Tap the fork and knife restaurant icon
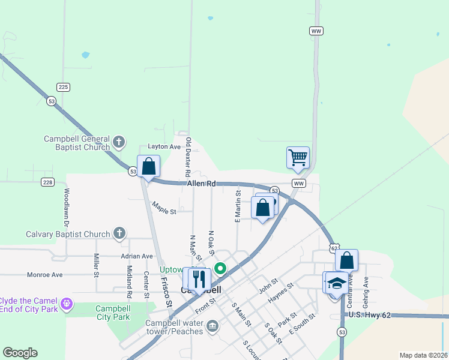click(199, 279)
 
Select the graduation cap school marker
click(337, 283)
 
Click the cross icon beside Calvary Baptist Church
click(119, 233)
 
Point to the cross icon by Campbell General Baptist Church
click(119, 142)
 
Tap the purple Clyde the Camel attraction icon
click(67, 304)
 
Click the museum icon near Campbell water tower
click(212, 326)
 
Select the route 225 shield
click(64, 87)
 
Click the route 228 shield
click(48, 182)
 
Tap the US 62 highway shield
click(333, 247)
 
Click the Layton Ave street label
click(164, 147)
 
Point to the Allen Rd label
click(200, 184)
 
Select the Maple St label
click(164, 211)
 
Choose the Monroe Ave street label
click(45, 275)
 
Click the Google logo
click(20, 353)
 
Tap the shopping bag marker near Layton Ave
click(148, 166)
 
